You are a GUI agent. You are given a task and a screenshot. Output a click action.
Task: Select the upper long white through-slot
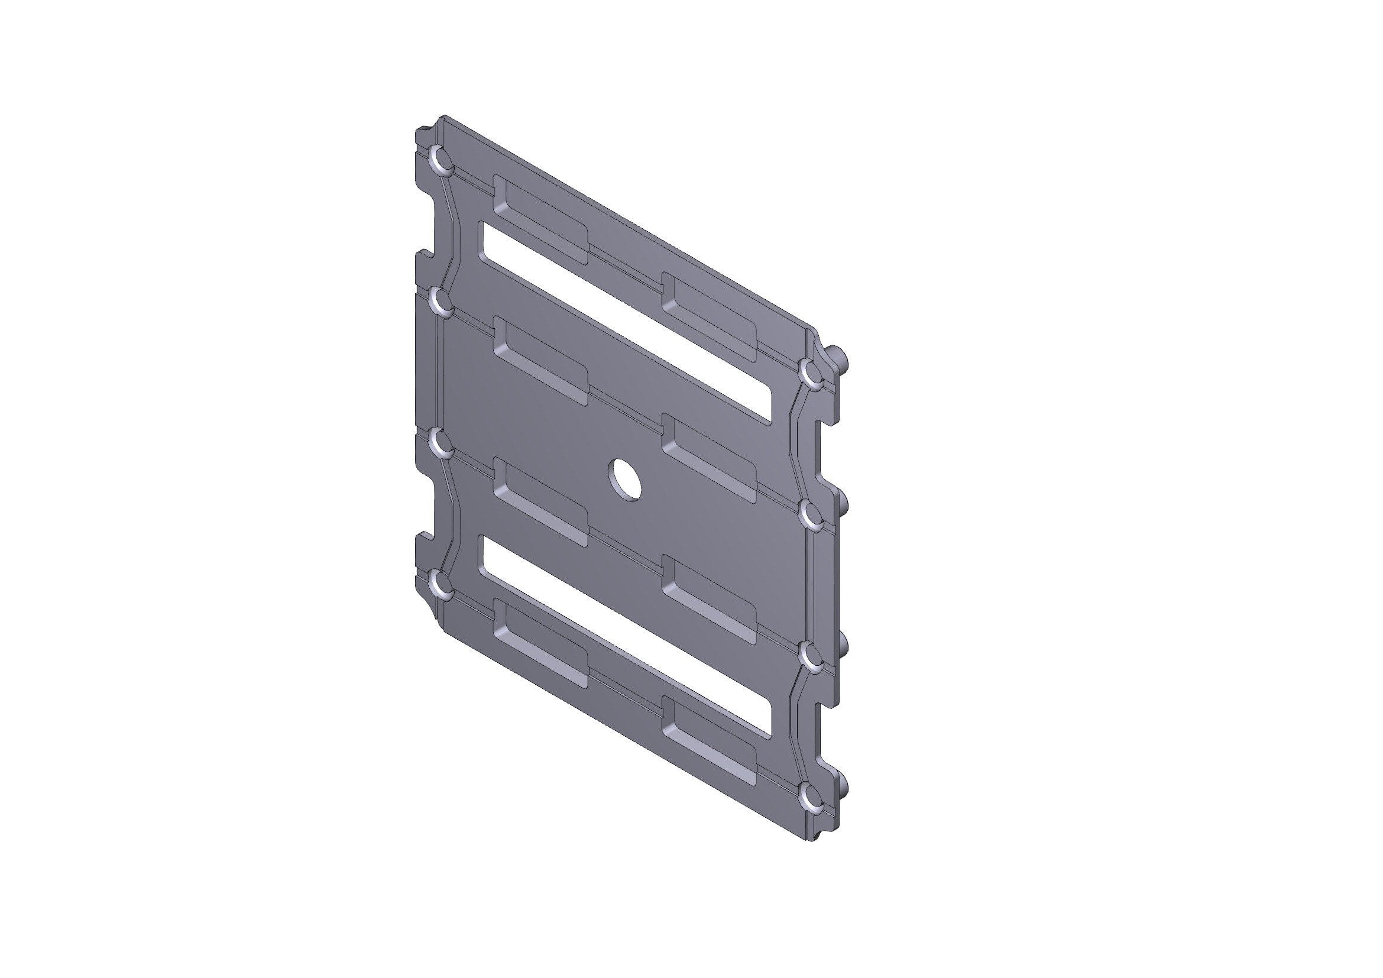point(626,322)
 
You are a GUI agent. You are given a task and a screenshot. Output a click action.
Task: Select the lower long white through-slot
point(626,636)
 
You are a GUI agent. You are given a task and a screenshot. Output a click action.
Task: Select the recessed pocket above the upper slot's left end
point(540,220)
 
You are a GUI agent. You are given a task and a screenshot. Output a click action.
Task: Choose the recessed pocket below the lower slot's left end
point(540,643)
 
